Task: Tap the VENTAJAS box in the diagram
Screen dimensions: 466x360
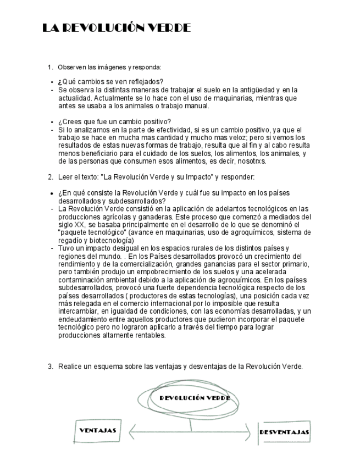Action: pyautogui.click(x=97, y=431)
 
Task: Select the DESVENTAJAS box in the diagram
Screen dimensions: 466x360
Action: pyautogui.click(x=284, y=432)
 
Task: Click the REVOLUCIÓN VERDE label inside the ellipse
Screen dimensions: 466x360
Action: pyautogui.click(x=194, y=397)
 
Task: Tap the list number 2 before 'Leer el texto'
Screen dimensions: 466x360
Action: pyautogui.click(x=50, y=177)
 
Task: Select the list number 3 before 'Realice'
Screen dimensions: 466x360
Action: pyautogui.click(x=50, y=366)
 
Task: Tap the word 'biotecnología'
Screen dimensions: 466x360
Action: pyautogui.click(x=109, y=240)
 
